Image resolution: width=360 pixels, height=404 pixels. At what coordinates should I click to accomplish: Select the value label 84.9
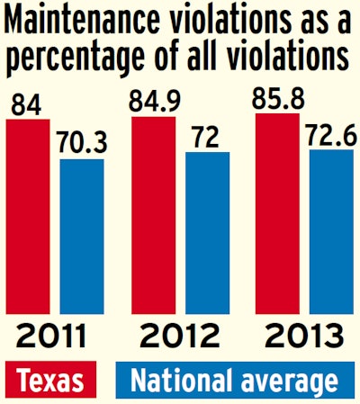pos(153,100)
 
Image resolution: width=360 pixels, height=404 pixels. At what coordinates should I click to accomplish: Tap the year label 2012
pos(179,338)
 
